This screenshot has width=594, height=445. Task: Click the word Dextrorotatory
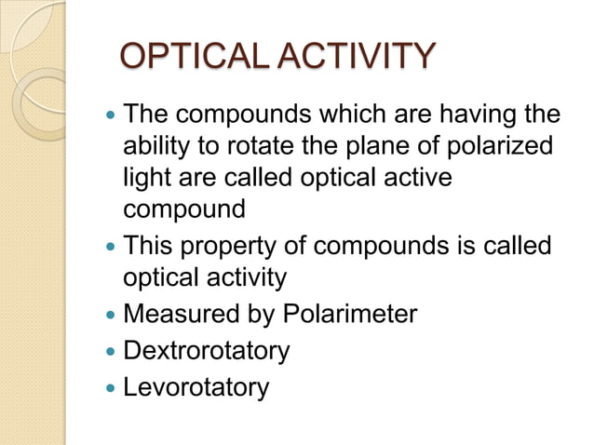(x=207, y=351)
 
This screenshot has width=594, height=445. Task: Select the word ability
(x=156, y=149)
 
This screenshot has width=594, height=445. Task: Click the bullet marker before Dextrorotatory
(x=109, y=352)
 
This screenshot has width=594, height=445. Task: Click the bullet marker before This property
(x=109, y=247)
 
